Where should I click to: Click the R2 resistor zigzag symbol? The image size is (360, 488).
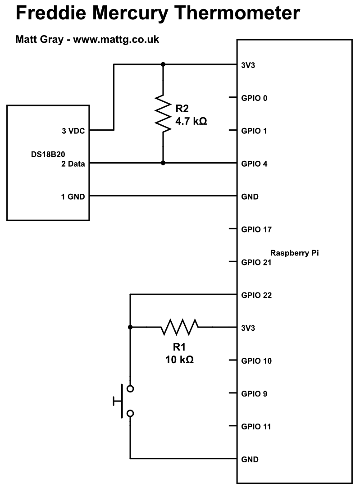coord(163,114)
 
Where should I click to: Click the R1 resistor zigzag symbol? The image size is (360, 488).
coord(179,327)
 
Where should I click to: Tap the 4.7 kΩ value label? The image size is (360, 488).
coord(191,121)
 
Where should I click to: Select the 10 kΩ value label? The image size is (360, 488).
coord(179,360)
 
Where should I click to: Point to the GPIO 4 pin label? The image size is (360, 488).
coord(254,164)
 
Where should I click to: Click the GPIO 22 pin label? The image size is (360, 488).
coord(256,295)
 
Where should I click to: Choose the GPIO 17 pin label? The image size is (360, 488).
coord(256,229)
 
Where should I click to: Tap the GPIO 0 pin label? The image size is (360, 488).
coord(254,98)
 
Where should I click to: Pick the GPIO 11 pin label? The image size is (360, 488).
coord(256,426)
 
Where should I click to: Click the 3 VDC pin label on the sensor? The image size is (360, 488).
coord(73,131)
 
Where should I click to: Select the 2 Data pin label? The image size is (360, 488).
coord(73,164)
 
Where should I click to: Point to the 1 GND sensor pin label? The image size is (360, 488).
coord(73,197)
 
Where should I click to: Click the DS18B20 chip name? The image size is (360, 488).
coord(48,155)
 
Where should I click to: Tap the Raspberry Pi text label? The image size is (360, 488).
coord(294,253)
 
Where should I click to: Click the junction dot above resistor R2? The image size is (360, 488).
coord(163,64)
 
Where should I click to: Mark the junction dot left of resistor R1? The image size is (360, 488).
coord(130,327)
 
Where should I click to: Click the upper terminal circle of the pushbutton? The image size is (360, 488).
coord(130,389)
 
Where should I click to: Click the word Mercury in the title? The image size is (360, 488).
coord(130,13)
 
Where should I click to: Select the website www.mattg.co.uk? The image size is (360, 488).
coord(116,40)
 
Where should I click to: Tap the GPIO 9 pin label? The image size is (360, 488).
coord(254,394)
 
